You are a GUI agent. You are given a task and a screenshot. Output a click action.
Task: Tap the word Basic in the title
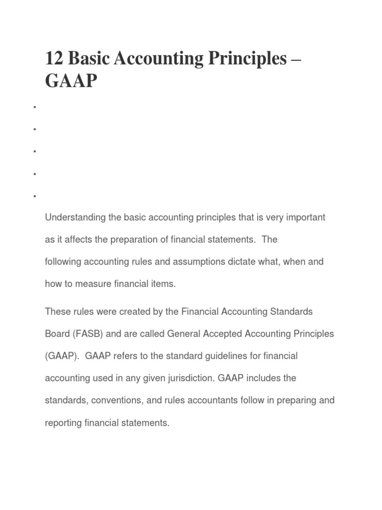click(x=90, y=59)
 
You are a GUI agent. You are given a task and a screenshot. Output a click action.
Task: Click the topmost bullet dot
click(x=34, y=107)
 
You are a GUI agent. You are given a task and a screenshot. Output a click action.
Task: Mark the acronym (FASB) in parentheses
click(x=88, y=334)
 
